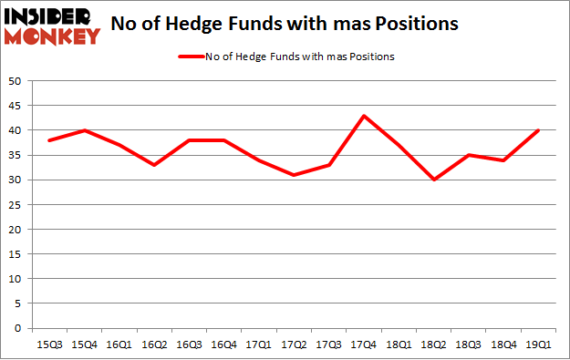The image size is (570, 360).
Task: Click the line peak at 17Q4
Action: (363, 116)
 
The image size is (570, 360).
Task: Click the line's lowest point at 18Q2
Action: (434, 180)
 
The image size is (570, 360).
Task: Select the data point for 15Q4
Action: (85, 130)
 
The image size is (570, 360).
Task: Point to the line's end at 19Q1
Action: (539, 130)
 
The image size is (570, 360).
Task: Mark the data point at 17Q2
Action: (294, 175)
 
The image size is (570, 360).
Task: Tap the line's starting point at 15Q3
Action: (49, 140)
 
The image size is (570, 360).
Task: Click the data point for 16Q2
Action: (154, 165)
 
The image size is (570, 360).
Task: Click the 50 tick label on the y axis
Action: (16, 81)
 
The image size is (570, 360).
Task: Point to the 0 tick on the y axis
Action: (19, 328)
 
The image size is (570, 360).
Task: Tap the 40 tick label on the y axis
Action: (16, 130)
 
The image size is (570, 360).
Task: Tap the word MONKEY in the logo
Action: (53, 36)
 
